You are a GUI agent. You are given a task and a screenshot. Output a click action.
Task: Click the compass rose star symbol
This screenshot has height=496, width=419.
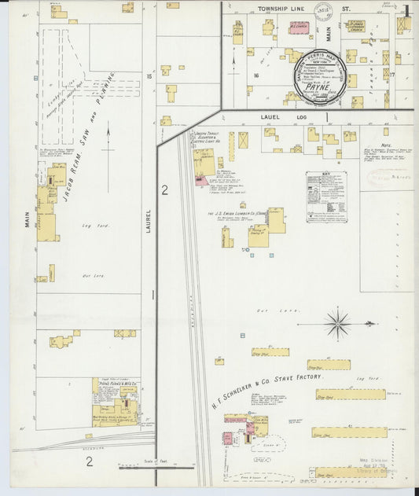pos(338,321)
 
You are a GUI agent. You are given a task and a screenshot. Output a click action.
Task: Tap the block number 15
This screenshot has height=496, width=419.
pos(149,76)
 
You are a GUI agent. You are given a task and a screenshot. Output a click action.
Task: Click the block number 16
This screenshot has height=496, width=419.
pos(256,75)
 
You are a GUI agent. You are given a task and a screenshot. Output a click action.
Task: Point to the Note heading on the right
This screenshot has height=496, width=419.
pos(385,145)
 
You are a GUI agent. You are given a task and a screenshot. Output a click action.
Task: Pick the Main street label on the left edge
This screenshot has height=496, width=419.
pos(26,218)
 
